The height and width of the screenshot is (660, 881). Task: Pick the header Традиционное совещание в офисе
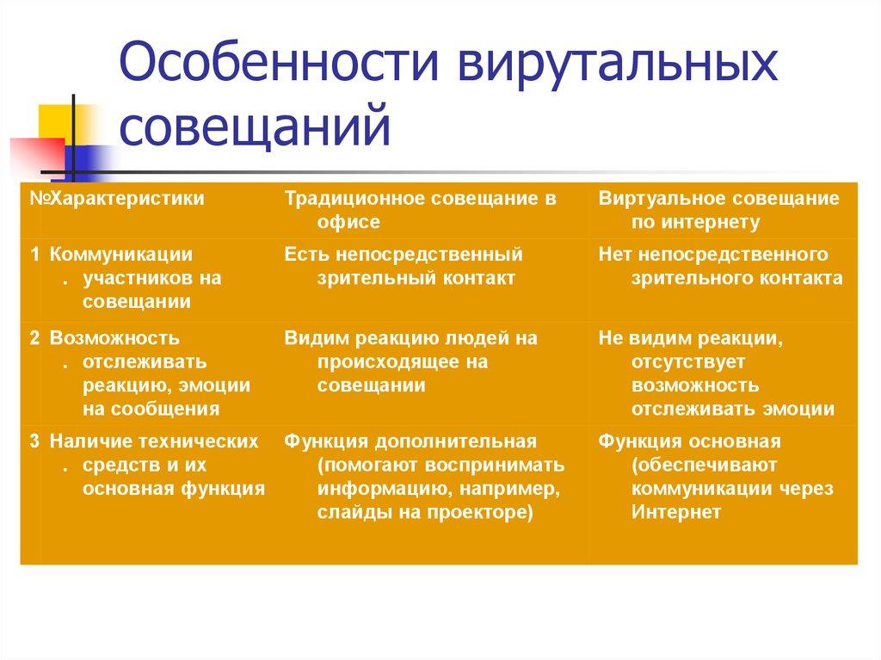tap(421, 210)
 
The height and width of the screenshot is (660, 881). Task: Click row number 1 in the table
tap(34, 254)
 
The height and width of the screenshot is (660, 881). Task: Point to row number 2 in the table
tap(34, 338)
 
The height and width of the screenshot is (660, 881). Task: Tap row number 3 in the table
tap(34, 441)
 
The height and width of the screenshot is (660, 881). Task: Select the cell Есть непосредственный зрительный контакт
tap(404, 266)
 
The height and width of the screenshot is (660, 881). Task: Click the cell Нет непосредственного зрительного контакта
tap(720, 266)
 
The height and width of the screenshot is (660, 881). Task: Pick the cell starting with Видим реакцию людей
tap(410, 361)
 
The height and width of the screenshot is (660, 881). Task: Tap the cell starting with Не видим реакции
tap(716, 373)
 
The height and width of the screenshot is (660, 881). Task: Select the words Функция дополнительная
tap(410, 441)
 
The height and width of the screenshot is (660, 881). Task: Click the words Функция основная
tap(689, 441)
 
